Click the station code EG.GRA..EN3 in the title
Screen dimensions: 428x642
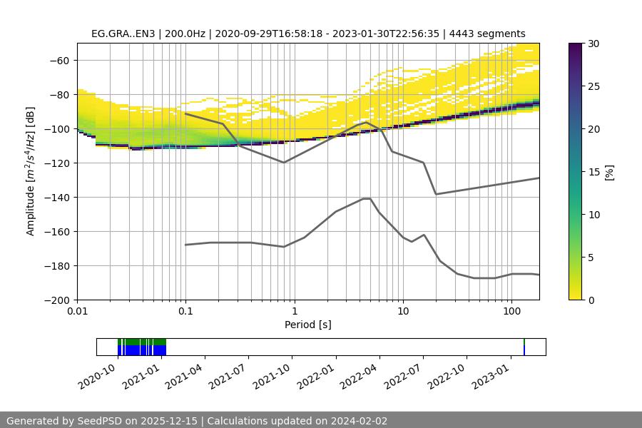(124, 34)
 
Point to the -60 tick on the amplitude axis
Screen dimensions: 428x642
(61, 60)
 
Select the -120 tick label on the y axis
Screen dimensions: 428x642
(58, 163)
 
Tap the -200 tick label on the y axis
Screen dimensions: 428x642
(58, 300)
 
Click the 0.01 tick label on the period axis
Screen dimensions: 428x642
(77, 311)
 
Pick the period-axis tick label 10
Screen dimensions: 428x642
(402, 311)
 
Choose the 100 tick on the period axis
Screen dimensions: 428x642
(511, 311)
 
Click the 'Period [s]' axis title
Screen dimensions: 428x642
(308, 325)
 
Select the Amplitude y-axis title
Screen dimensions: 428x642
(31, 171)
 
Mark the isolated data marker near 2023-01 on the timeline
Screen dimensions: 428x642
(524, 347)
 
